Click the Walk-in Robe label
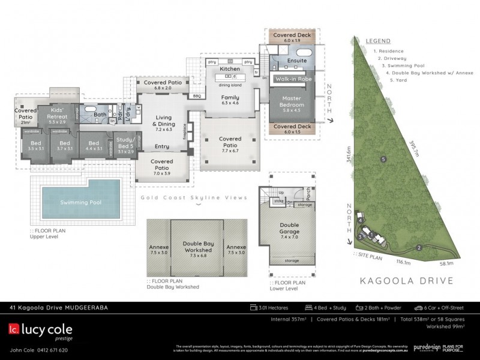pos(292,79)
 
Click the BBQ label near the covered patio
pos(196,96)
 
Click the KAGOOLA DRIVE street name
pos(406,280)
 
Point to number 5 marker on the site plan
pos(382,159)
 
